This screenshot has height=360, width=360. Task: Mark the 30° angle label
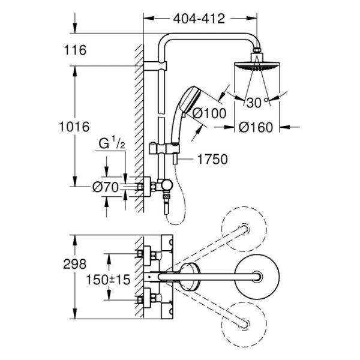256,102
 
